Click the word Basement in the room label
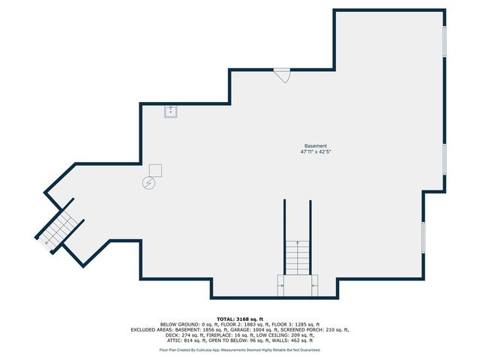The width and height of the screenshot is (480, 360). (x=316, y=146)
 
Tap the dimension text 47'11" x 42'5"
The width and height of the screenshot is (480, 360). (x=316, y=151)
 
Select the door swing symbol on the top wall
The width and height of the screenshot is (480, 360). (x=282, y=75)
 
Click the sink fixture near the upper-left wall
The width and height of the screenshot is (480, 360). (x=170, y=112)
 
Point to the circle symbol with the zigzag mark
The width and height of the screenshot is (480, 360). (x=148, y=183)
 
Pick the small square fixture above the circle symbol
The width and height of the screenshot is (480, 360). (x=155, y=170)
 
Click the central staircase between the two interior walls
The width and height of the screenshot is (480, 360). (x=297, y=257)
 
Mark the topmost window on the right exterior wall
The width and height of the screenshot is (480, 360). (x=445, y=41)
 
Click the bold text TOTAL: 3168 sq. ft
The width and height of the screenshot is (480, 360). (x=240, y=319)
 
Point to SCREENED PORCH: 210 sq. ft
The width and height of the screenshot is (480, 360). (x=314, y=330)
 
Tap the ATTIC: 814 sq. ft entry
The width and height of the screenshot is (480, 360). (x=186, y=340)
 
